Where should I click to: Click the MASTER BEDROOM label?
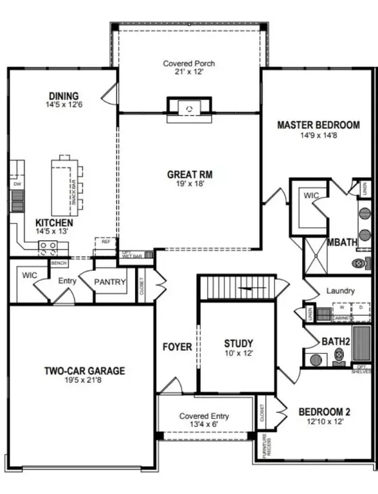click(318, 125)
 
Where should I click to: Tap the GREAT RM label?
click(190, 174)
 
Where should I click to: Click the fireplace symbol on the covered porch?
click(188, 107)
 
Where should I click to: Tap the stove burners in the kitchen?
click(48, 247)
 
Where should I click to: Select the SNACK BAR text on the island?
click(75, 191)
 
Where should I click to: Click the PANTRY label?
click(110, 282)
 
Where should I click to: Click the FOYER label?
click(177, 347)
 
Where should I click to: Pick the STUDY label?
click(238, 343)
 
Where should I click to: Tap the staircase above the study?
click(236, 288)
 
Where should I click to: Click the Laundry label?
click(340, 291)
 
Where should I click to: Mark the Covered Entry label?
click(204, 416)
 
